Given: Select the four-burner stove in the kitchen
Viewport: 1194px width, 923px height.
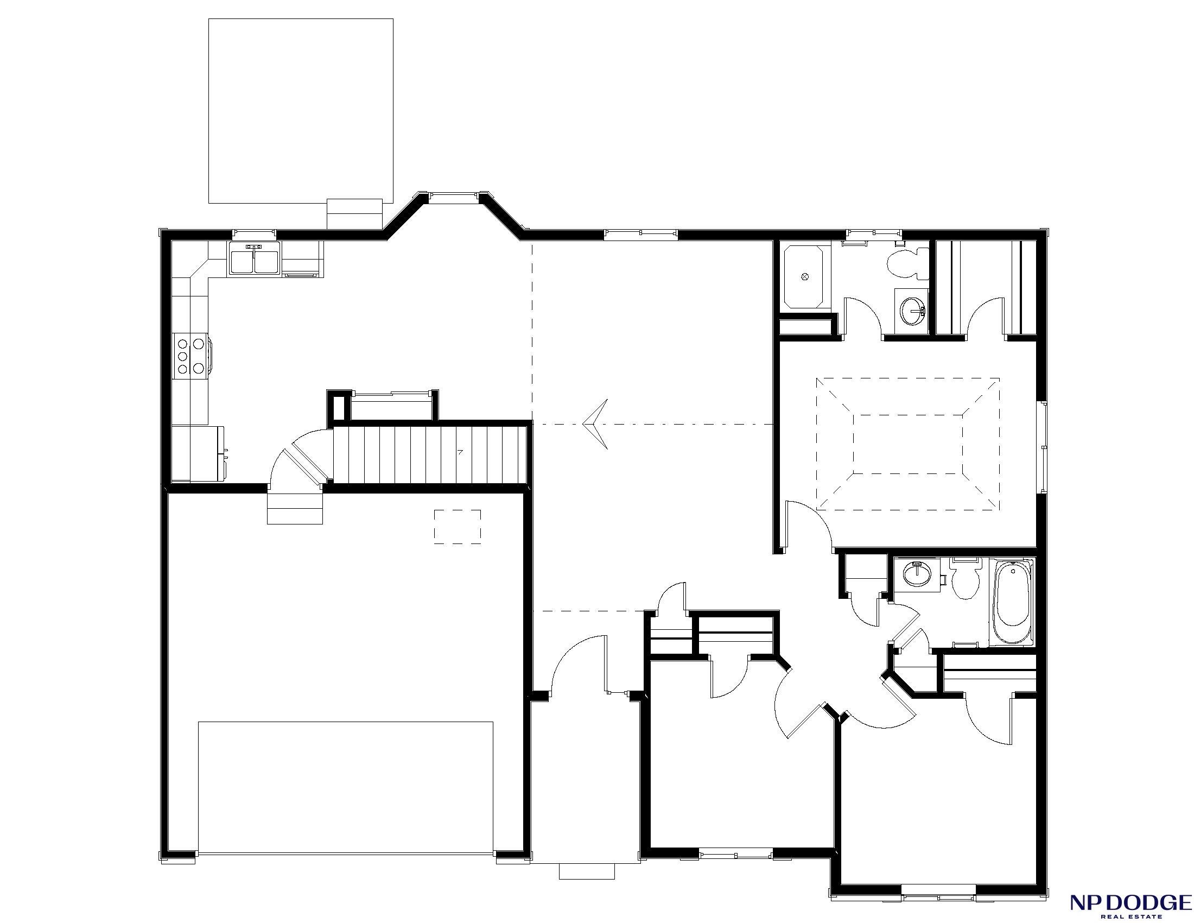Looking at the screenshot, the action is point(192,356).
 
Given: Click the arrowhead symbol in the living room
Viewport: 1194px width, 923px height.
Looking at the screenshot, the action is point(596,424).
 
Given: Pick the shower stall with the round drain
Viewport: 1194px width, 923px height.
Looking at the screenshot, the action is point(804,277).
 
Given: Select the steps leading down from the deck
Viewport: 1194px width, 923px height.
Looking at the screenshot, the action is point(354,214).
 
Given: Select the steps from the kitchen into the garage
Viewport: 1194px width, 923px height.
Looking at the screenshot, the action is point(295,508).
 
